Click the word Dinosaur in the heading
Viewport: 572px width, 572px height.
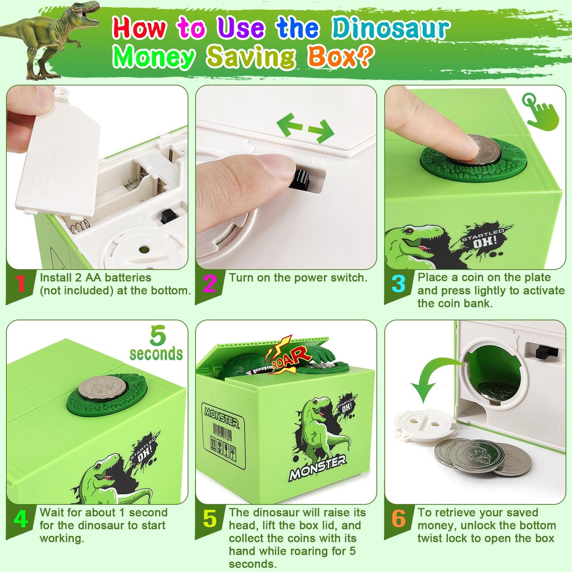390,29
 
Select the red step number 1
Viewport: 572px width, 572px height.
20,283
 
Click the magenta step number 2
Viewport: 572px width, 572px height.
209,283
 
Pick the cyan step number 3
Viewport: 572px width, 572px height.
398,283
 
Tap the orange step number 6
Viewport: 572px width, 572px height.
398,519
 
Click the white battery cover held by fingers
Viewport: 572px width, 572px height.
59,158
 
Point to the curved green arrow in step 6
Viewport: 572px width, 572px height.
431,378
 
